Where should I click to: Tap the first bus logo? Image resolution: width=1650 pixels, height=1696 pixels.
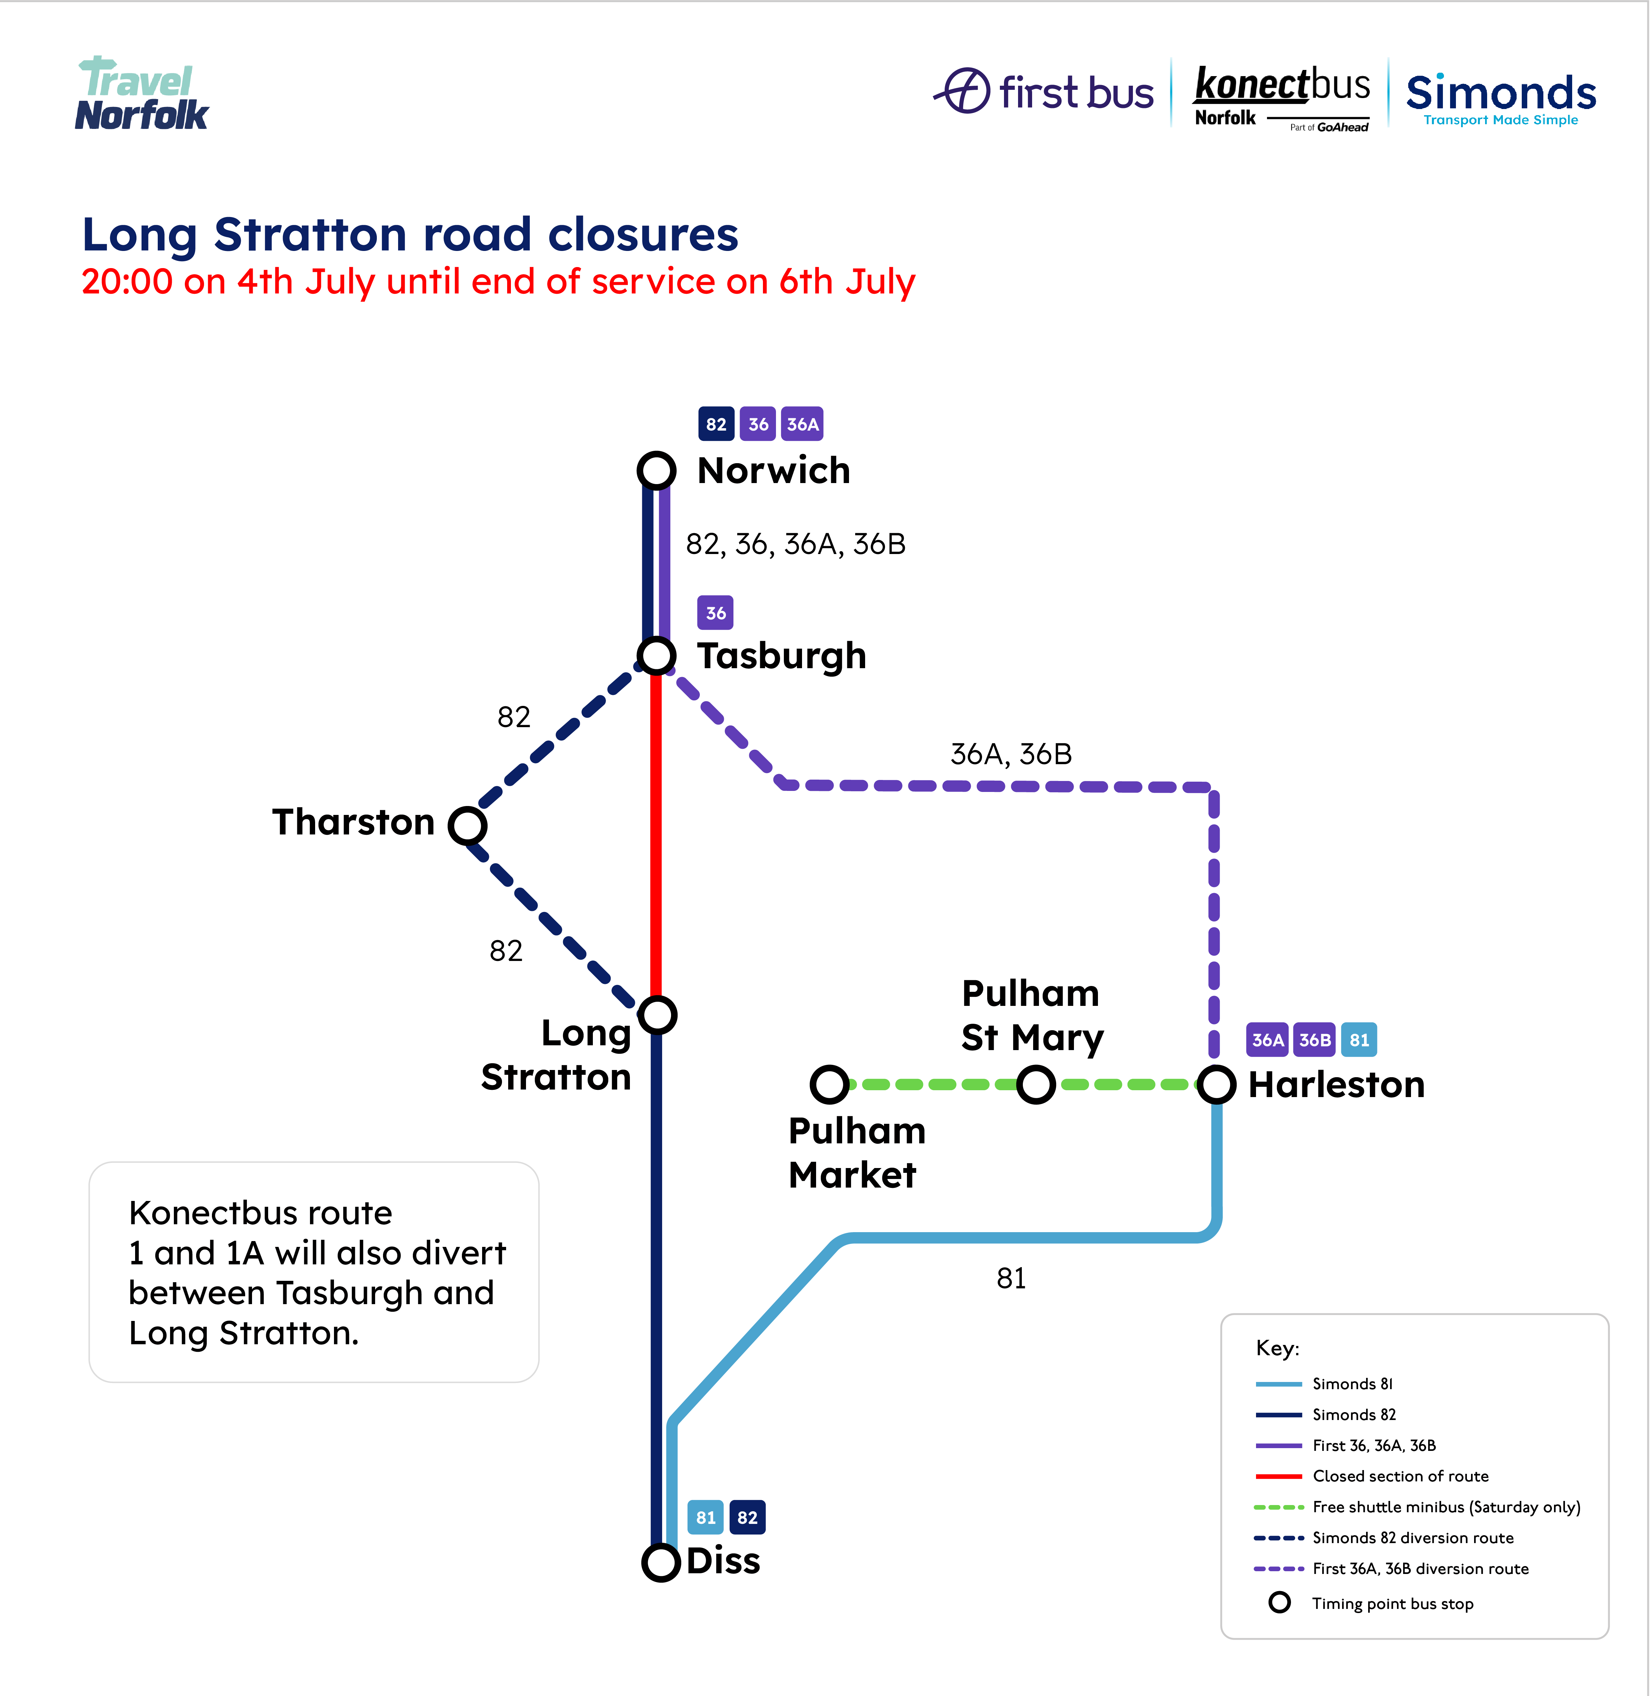click(1044, 91)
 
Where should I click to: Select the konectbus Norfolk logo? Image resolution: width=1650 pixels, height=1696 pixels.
click(1281, 97)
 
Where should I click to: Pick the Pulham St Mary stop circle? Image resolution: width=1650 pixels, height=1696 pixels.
click(1036, 1084)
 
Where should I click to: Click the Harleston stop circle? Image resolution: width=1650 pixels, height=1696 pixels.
click(1216, 1084)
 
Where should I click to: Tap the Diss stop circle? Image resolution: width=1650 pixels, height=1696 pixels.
click(660, 1563)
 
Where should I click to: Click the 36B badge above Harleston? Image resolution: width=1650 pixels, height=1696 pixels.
click(1314, 1040)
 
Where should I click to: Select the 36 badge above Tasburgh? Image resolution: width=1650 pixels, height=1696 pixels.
click(715, 613)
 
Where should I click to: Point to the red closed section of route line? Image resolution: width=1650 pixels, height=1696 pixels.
click(656, 832)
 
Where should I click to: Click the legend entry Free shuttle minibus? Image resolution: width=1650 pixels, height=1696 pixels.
click(1446, 1507)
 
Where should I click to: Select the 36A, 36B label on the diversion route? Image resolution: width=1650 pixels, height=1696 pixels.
click(1011, 754)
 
